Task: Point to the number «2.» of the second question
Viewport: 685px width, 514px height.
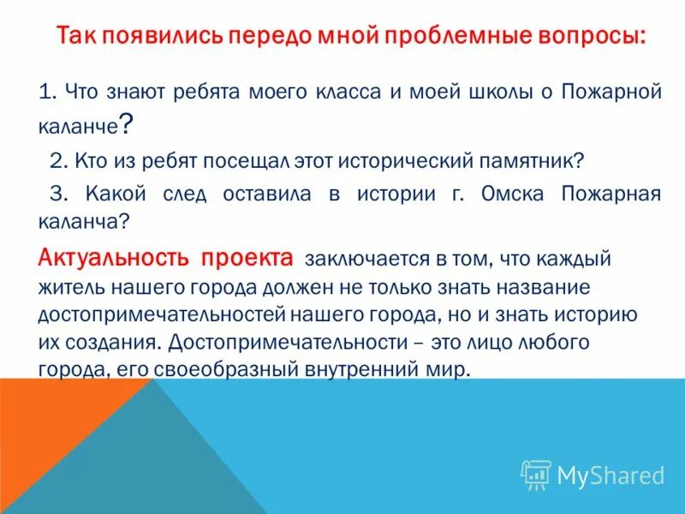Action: click(59, 160)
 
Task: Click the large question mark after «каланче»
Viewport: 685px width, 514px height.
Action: click(126, 125)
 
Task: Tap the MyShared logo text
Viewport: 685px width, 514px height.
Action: click(611, 474)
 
